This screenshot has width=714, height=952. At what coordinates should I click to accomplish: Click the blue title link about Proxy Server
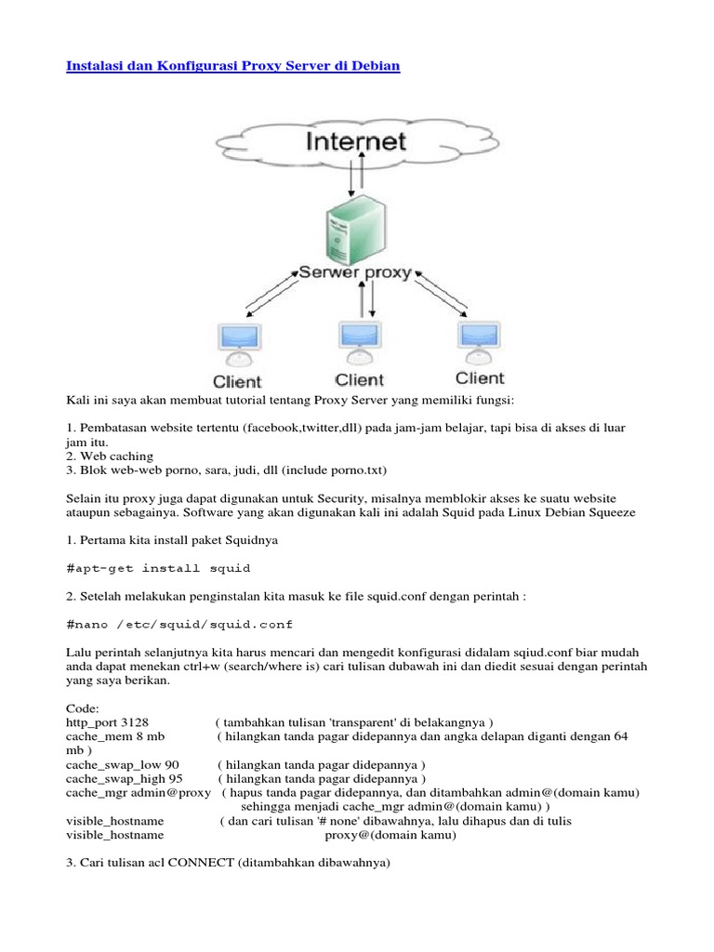[x=233, y=69]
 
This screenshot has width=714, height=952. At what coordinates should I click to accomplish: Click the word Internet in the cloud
[x=357, y=143]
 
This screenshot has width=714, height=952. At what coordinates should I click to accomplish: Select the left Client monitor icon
[x=236, y=343]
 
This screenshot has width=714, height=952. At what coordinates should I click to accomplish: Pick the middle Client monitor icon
[x=358, y=341]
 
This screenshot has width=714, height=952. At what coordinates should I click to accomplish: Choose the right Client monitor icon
[x=478, y=340]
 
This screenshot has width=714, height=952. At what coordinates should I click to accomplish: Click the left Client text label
[x=238, y=381]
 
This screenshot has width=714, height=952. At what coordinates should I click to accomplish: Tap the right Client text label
[x=480, y=378]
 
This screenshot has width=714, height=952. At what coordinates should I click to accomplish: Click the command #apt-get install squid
[x=158, y=567]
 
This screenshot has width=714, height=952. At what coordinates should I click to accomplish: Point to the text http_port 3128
[x=108, y=722]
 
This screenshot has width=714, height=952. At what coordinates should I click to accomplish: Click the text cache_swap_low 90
[x=122, y=764]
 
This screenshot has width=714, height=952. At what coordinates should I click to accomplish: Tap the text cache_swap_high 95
[x=125, y=778]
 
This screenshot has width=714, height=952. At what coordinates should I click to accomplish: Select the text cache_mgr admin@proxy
[x=139, y=793]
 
